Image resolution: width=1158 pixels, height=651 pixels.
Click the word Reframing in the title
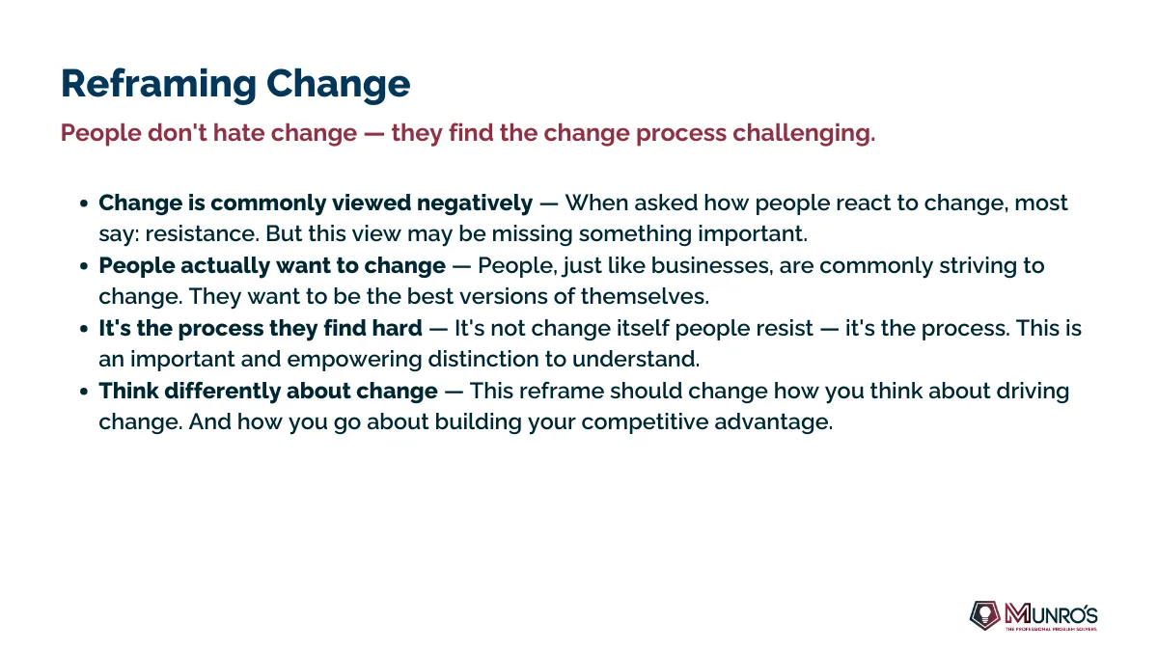(158, 84)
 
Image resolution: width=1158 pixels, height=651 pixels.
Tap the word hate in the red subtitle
(239, 133)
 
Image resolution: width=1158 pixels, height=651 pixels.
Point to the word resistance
(202, 234)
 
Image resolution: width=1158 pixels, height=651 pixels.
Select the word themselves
(645, 297)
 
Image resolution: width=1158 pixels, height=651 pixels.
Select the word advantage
(773, 422)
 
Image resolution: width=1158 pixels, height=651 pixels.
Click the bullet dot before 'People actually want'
(84, 266)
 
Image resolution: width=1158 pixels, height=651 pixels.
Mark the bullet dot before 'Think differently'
(84, 392)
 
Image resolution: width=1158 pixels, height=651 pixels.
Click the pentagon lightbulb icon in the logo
(985, 615)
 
